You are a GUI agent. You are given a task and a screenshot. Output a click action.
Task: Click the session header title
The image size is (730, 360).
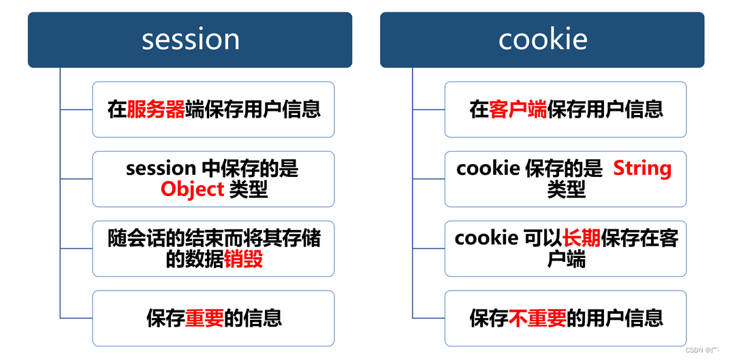point(190,39)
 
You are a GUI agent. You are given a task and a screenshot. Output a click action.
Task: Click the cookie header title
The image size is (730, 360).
point(543,39)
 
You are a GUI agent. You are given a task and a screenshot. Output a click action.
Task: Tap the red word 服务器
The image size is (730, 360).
point(156,110)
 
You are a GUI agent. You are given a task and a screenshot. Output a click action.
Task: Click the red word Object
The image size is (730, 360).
point(193,189)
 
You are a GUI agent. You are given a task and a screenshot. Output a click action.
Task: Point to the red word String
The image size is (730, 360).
point(642,168)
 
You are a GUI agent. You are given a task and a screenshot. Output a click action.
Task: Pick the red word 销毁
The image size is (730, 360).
point(243,259)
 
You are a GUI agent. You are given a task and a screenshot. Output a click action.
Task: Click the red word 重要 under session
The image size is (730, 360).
point(204,318)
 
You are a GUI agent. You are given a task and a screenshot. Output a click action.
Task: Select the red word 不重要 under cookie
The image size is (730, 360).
point(537,318)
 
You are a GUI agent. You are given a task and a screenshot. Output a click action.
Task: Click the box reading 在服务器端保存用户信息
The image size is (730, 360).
point(213,110)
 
